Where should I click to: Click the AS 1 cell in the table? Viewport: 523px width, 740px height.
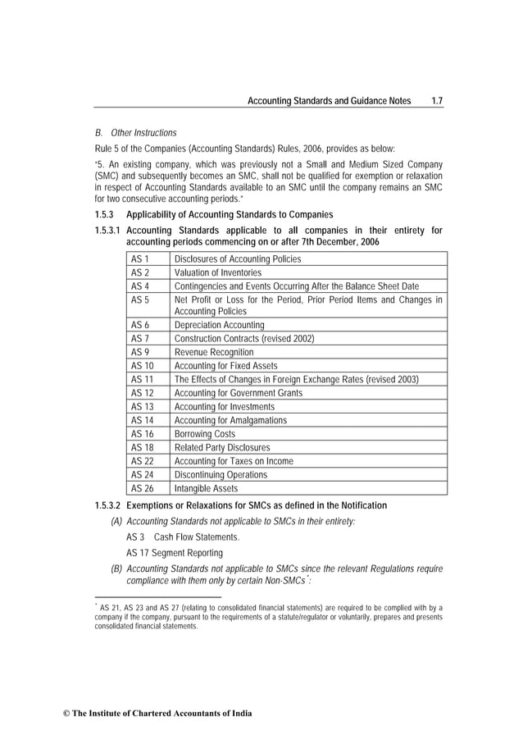tap(140, 259)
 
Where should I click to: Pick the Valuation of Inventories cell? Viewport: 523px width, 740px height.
tap(218, 272)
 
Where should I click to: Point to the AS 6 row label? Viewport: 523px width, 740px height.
tap(140, 326)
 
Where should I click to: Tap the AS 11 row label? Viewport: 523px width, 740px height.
tap(143, 380)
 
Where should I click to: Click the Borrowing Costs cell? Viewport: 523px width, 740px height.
tap(205, 434)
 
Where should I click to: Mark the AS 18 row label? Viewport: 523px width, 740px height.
tap(143, 448)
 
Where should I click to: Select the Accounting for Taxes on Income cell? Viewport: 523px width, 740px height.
tap(234, 461)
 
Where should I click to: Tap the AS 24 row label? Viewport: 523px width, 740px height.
tap(143, 475)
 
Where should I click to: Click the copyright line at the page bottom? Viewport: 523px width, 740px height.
tap(157, 714)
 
